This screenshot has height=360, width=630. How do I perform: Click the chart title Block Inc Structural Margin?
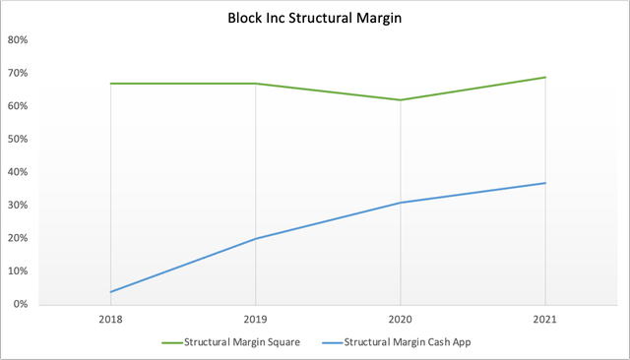click(x=316, y=18)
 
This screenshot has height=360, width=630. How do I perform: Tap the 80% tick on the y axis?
click(x=18, y=40)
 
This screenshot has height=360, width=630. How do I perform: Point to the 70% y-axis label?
click(x=18, y=74)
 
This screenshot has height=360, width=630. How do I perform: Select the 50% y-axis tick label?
click(x=18, y=140)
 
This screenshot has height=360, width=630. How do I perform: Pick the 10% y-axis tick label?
click(x=18, y=271)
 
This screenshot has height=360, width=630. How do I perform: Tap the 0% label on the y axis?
click(x=21, y=305)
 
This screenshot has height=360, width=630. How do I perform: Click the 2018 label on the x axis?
click(x=111, y=321)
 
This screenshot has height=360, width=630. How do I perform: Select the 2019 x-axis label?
click(x=256, y=321)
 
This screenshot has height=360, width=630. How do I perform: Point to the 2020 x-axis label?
click(x=401, y=321)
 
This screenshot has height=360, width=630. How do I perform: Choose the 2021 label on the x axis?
click(x=545, y=321)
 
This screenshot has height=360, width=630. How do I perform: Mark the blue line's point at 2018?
click(x=111, y=291)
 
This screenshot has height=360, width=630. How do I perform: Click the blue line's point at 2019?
click(x=256, y=238)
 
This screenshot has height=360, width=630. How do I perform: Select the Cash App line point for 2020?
click(x=401, y=203)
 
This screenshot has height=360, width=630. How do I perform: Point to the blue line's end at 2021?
click(x=545, y=183)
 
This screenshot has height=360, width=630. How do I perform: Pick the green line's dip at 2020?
click(x=401, y=99)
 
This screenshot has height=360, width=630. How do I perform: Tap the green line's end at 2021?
click(x=545, y=77)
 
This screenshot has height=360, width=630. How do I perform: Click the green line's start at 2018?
click(x=111, y=84)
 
